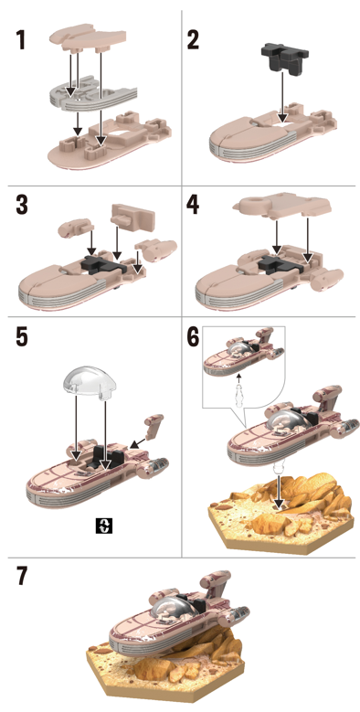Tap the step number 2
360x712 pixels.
click(193, 40)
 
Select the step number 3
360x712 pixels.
click(21, 205)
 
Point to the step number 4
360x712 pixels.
click(193, 205)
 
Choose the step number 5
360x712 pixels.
click(21, 336)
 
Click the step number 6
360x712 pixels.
click(194, 336)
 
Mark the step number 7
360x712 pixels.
click(22, 576)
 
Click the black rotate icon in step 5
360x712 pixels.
click(105, 526)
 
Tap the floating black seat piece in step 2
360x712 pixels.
click(286, 58)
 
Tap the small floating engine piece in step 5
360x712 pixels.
click(154, 425)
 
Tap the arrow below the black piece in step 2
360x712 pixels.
click(282, 97)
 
